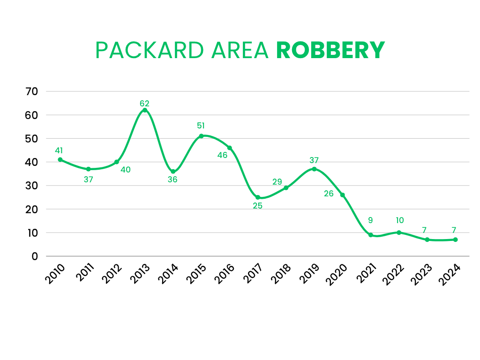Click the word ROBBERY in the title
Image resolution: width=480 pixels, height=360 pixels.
[330, 50]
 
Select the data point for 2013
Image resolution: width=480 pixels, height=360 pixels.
[145, 110]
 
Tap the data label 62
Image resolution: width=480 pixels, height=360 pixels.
[145, 103]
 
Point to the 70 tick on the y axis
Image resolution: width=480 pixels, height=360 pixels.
[32, 91]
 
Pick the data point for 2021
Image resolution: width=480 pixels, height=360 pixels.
[371, 235]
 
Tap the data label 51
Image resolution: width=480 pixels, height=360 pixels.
[201, 126]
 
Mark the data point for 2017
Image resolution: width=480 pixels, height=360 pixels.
[258, 197]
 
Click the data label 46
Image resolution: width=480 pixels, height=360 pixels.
[222, 155]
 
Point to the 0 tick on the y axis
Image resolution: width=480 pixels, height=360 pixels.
[35, 256]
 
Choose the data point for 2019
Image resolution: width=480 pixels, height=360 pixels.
[314, 169]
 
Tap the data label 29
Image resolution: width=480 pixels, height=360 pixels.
[277, 181]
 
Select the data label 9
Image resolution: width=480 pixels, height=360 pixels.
[370, 220]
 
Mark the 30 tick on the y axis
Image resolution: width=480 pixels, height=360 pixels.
[32, 186]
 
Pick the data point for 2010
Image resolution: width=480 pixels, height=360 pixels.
[60, 159]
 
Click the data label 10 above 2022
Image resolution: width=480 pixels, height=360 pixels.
[399, 220]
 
